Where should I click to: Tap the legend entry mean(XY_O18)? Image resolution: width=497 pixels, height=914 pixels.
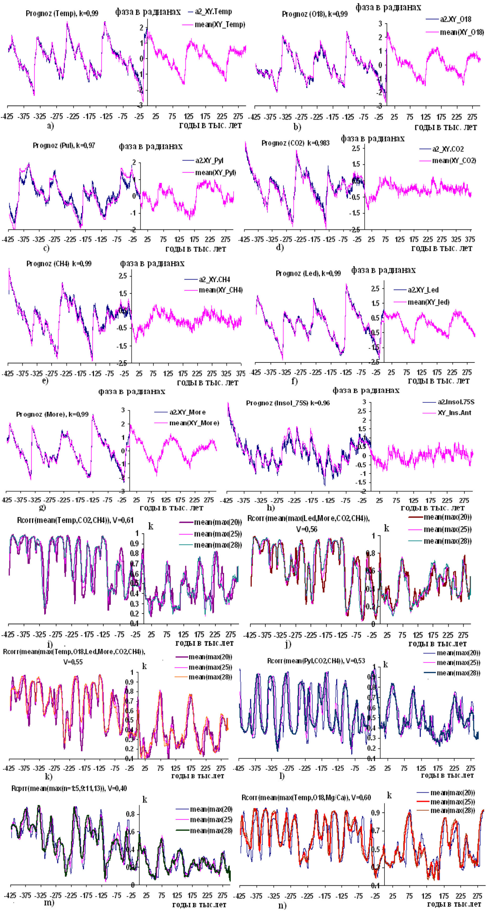pyautogui.click(x=462, y=32)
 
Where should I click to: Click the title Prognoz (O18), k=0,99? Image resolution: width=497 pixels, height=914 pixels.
pyautogui.click(x=314, y=14)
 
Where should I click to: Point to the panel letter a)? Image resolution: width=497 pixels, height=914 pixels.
pyautogui.click(x=50, y=126)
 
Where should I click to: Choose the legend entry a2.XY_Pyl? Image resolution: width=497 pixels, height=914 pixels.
pyautogui.click(x=209, y=161)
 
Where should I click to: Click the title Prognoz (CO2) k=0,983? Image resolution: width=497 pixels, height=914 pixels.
pyautogui.click(x=295, y=143)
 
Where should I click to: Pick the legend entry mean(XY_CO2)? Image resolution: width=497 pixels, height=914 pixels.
pyautogui.click(x=454, y=161)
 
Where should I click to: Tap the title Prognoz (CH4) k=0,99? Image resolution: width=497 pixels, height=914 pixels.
pyautogui.click(x=59, y=264)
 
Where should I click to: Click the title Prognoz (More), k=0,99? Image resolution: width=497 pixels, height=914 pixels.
pyautogui.click(x=52, y=414)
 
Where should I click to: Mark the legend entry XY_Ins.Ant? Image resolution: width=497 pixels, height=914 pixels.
pyautogui.click(x=454, y=413)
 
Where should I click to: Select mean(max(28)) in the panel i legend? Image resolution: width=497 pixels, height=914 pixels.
pyautogui.click(x=218, y=545)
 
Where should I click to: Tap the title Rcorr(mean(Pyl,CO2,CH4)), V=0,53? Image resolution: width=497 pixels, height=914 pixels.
pyautogui.click(x=316, y=661)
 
